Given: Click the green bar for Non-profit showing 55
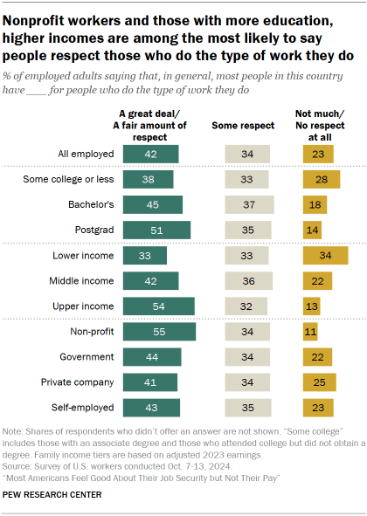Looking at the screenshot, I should pos(159,332).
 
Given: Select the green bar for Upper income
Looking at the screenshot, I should pos(158,306).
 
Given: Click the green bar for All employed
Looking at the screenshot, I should pos(150,154).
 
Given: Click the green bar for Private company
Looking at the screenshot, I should pos(149,382).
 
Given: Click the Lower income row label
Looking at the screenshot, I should pos(83,256).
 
